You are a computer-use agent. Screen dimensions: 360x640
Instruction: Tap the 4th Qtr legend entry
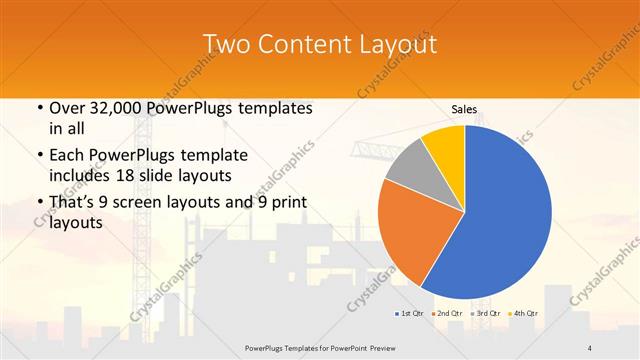523,314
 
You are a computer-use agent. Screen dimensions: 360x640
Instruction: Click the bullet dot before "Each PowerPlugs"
39,156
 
